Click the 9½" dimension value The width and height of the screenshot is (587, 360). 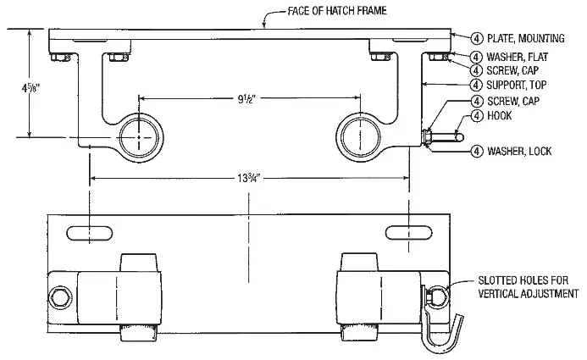pyautogui.click(x=247, y=98)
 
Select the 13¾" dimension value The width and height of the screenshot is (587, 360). pyautogui.click(x=247, y=178)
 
